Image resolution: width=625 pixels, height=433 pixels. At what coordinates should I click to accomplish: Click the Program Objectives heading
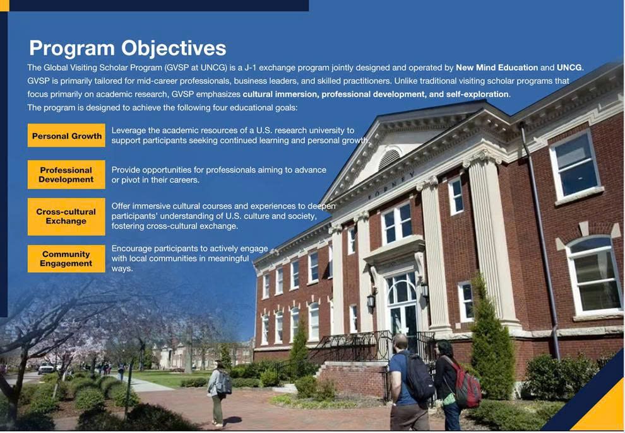(x=128, y=48)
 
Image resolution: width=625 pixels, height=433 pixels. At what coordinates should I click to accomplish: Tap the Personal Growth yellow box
(x=66, y=136)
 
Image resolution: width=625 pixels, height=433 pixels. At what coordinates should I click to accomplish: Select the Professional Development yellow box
(x=66, y=175)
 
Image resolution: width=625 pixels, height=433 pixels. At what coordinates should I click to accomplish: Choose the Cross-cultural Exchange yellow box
(x=66, y=217)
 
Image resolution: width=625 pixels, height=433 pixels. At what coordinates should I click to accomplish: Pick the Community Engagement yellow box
(x=66, y=258)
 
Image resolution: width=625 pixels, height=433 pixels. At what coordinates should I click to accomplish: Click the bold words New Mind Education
(x=497, y=67)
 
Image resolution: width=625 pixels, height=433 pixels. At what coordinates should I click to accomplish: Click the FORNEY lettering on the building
(x=391, y=185)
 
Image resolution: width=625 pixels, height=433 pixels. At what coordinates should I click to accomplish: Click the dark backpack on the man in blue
(x=418, y=377)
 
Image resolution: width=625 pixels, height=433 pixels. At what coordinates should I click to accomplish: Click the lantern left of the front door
(x=371, y=301)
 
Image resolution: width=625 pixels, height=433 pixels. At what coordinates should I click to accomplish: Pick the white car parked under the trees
(x=46, y=369)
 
